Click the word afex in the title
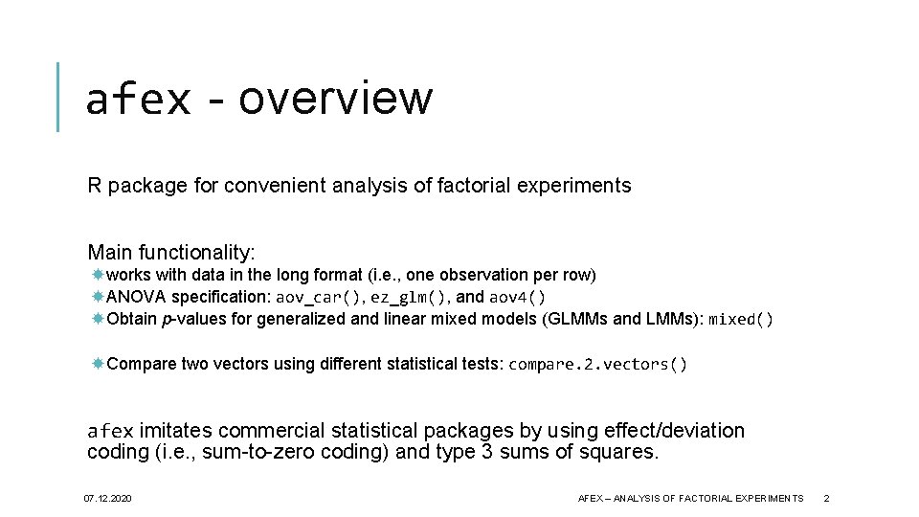(138, 99)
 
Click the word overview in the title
(336, 98)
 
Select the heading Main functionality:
(171, 253)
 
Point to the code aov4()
(517, 297)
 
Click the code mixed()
(740, 319)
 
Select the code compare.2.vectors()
(597, 364)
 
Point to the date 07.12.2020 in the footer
(107, 499)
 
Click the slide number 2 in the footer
(826, 499)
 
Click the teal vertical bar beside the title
(58, 97)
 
